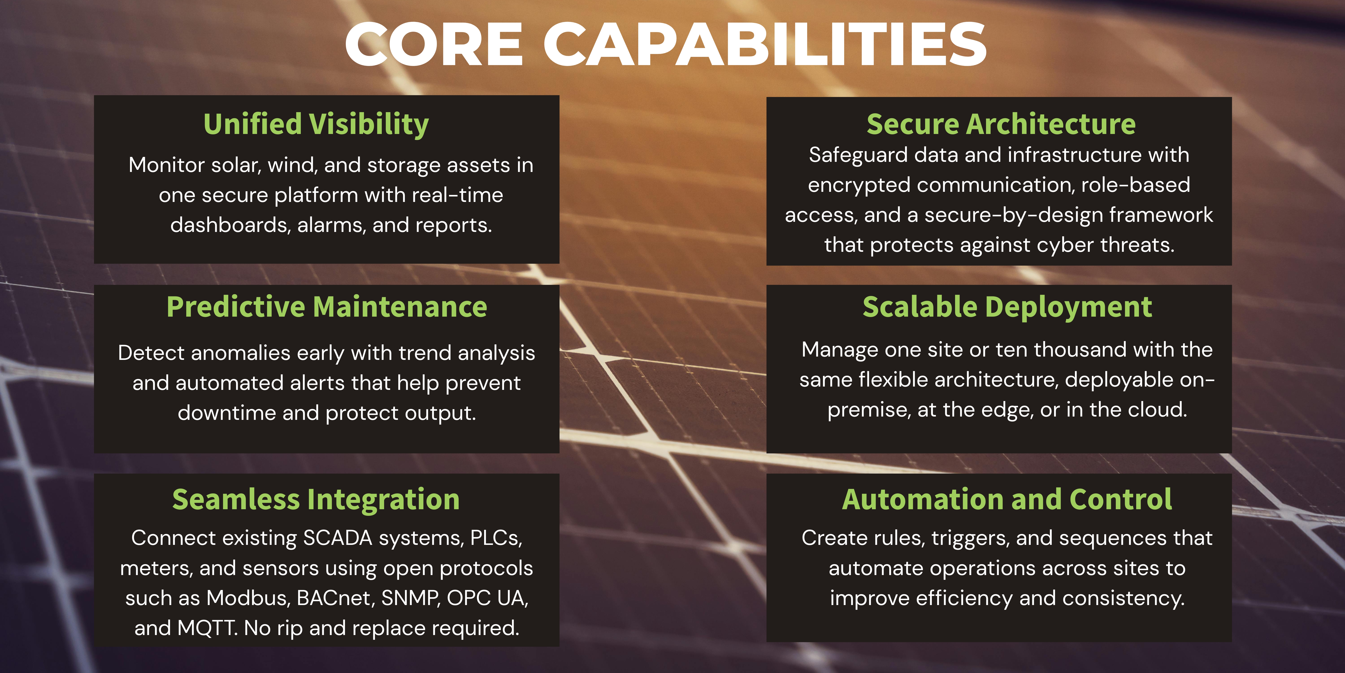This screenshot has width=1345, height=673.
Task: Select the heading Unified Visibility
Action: pyautogui.click(x=316, y=125)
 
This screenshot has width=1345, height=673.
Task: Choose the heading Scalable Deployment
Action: pyautogui.click(x=1007, y=307)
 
